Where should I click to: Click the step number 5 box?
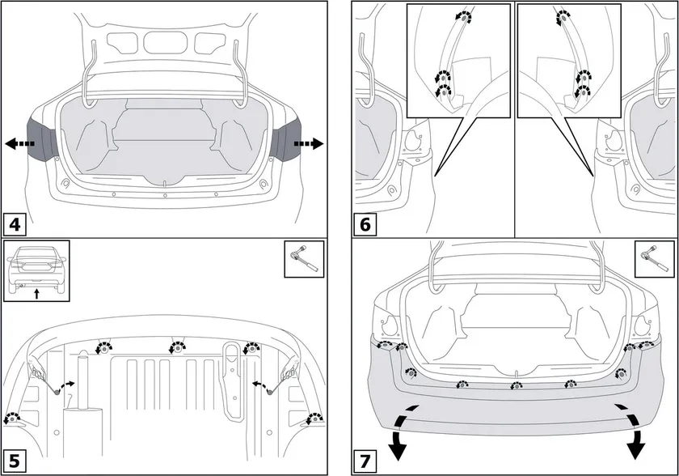pyautogui.click(x=15, y=461)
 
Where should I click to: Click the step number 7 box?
pyautogui.click(x=366, y=461)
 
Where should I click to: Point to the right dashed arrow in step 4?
pyautogui.click(x=307, y=144)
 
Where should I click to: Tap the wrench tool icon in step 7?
pyautogui.click(x=653, y=258)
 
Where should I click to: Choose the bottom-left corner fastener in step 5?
pyautogui.click(x=12, y=419)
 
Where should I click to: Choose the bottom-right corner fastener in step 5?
pyautogui.click(x=314, y=419)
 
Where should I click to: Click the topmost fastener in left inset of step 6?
pyautogui.click(x=462, y=16)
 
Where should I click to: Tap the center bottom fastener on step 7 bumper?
pyautogui.click(x=513, y=385)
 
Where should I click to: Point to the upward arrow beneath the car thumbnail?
pyautogui.click(x=36, y=294)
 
